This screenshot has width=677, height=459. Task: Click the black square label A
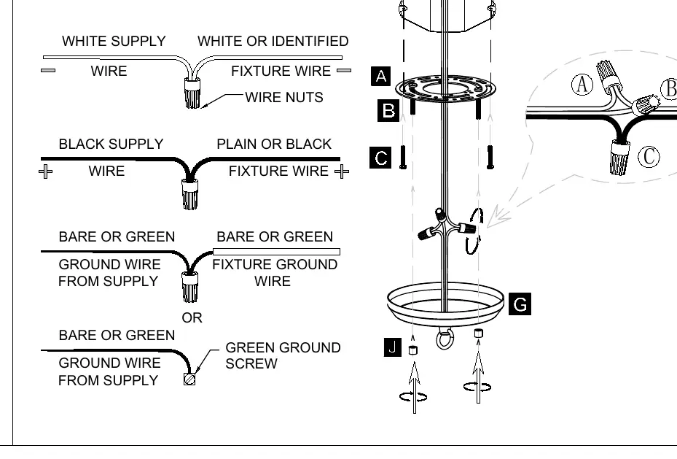pyautogui.click(x=381, y=77)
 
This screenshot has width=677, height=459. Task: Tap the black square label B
pyautogui.click(x=388, y=111)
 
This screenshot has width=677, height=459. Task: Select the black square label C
pyautogui.click(x=380, y=158)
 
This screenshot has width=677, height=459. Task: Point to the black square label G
pyautogui.click(x=520, y=304)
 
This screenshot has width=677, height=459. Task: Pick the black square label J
pyautogui.click(x=393, y=347)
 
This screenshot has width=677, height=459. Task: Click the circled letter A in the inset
pyautogui.click(x=582, y=84)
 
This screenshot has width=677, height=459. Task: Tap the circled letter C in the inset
pyautogui.click(x=649, y=156)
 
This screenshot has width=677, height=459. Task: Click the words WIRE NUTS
pyautogui.click(x=284, y=97)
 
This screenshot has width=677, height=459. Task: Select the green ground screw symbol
pyautogui.click(x=189, y=379)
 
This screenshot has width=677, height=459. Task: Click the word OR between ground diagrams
pyautogui.click(x=192, y=317)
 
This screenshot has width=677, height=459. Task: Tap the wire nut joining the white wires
pyautogui.click(x=192, y=93)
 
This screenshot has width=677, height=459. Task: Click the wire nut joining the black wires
pyautogui.click(x=190, y=195)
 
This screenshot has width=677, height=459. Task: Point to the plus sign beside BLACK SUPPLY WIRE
pyautogui.click(x=45, y=171)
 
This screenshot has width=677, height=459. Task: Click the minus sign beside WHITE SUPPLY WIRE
pyautogui.click(x=48, y=71)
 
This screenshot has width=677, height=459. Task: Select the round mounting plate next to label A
pyautogui.click(x=445, y=89)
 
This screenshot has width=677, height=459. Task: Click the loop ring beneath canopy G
pyautogui.click(x=445, y=339)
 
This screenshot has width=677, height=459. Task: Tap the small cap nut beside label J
pyautogui.click(x=413, y=350)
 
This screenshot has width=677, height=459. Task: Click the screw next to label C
pyautogui.click(x=403, y=157)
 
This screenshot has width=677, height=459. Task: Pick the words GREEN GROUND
pyautogui.click(x=283, y=347)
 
